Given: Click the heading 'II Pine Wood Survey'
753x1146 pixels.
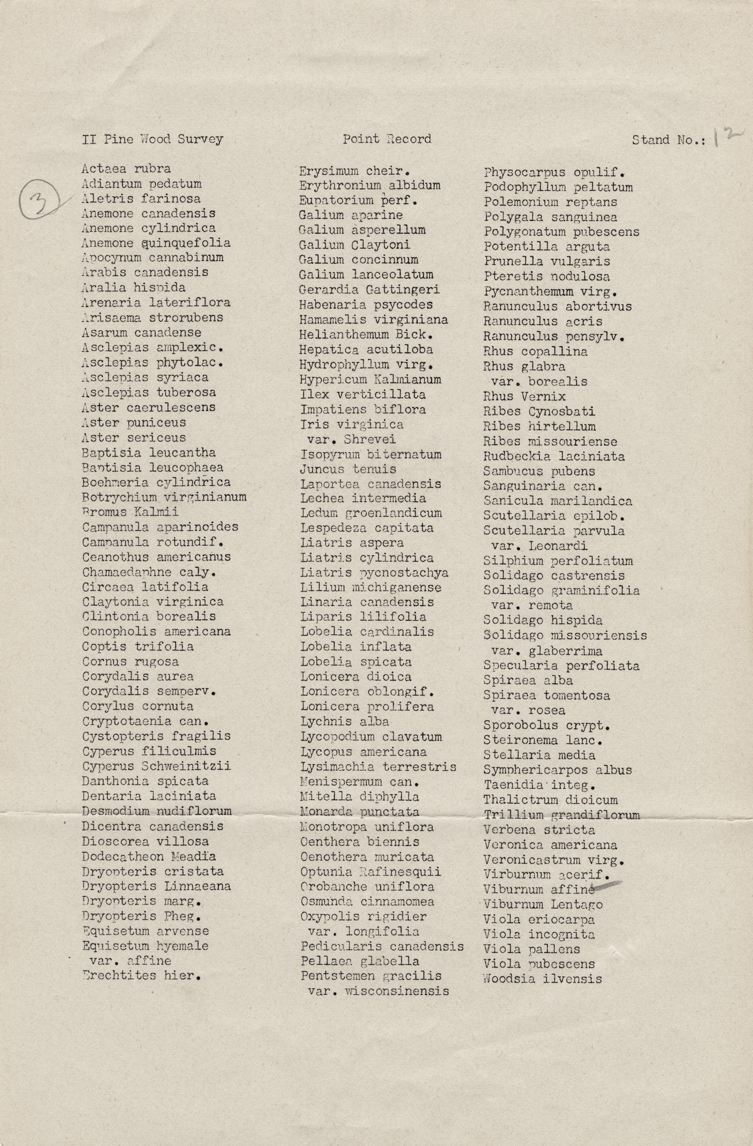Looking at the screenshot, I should (152, 140).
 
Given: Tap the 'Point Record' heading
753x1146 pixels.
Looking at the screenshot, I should (387, 139).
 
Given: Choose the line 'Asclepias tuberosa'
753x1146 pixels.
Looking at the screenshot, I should (149, 392).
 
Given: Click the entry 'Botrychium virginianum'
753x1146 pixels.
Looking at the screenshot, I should (164, 497).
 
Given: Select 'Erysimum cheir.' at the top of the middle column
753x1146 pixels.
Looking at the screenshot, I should (346, 171).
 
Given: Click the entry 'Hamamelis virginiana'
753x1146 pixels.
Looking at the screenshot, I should (373, 320).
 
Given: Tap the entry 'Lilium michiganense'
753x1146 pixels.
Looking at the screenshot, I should (371, 588).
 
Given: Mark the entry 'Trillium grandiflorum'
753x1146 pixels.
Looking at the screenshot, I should (562, 815).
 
